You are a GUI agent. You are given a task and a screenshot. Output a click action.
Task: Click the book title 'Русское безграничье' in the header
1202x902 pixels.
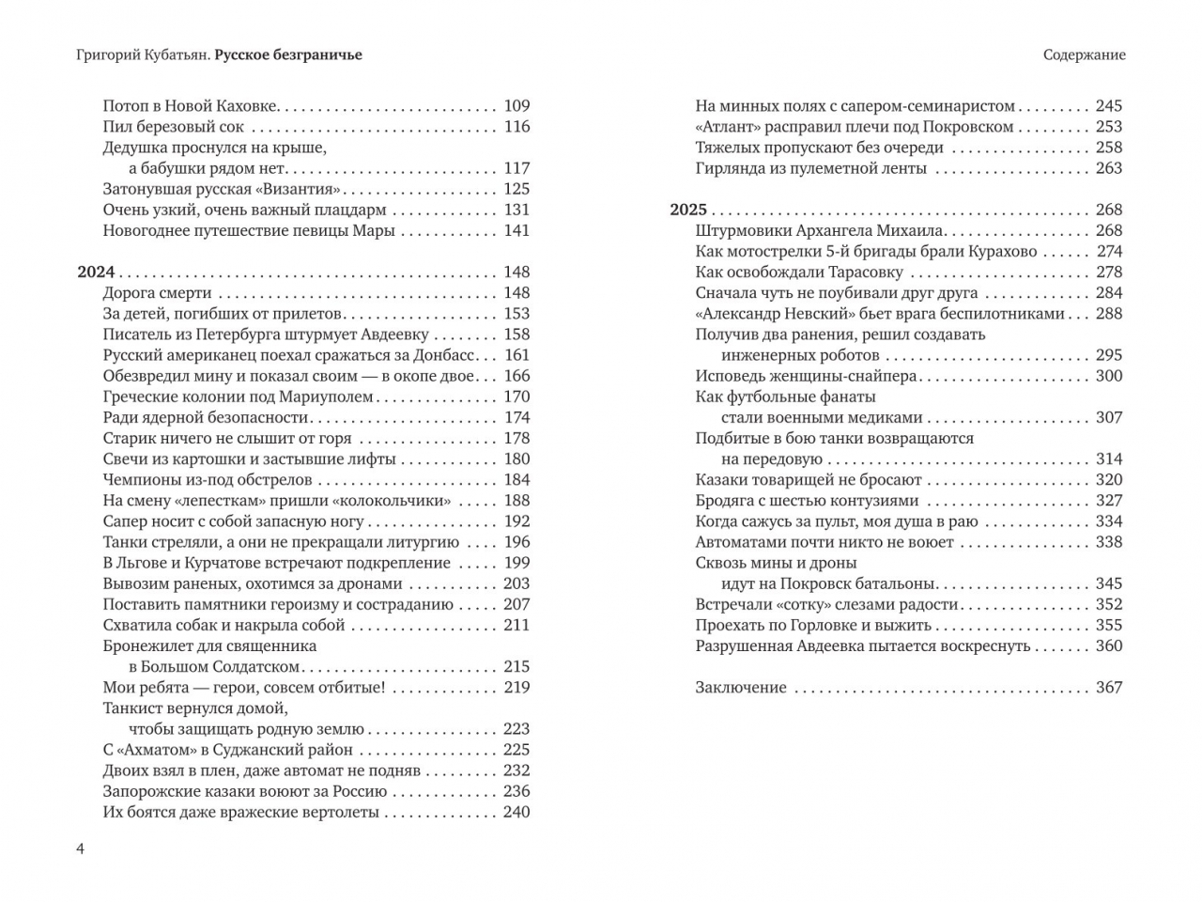point(288,54)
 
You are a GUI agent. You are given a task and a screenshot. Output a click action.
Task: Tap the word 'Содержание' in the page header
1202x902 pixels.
point(1084,54)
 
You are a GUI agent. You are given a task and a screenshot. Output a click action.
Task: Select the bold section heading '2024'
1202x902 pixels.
point(96,272)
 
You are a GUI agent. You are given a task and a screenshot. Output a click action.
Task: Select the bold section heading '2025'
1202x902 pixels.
point(688,210)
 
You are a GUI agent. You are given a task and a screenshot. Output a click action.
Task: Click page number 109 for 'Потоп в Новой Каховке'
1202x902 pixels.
point(516,106)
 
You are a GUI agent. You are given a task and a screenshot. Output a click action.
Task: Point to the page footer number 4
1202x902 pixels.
point(80,849)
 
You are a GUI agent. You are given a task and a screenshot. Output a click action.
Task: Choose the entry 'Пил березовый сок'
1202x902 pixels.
point(173,127)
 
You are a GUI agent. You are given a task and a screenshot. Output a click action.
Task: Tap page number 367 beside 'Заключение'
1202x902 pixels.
point(1109,687)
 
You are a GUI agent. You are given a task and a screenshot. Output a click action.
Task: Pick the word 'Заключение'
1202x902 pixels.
point(741,687)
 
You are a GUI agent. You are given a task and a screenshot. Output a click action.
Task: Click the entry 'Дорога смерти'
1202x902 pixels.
point(157,293)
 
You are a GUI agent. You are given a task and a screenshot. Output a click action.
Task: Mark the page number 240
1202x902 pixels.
point(516,812)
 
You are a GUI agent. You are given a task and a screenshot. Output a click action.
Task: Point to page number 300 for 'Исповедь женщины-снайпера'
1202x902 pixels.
point(1109,376)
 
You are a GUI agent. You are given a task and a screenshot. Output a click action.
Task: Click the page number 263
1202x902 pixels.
point(1109,168)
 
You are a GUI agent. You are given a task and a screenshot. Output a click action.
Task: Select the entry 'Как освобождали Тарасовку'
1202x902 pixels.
point(799,272)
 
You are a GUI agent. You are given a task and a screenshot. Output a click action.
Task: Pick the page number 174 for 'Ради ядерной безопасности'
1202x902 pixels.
point(516,417)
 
